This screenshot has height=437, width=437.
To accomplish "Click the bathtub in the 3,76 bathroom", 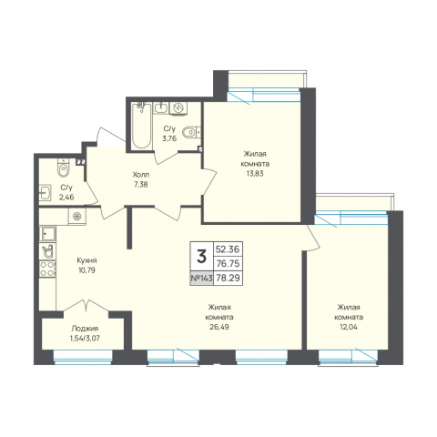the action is (x=142, y=126).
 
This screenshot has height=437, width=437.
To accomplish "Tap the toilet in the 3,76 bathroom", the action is (x=191, y=132).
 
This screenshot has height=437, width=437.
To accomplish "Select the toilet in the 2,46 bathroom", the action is (x=64, y=168).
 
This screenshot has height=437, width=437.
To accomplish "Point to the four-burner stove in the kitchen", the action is (x=47, y=269).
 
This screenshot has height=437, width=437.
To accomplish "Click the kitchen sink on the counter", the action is (x=47, y=234).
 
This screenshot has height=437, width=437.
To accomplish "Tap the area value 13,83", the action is (x=255, y=174).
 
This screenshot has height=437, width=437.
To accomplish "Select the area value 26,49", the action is (x=220, y=327).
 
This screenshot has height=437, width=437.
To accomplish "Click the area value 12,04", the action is (x=349, y=327).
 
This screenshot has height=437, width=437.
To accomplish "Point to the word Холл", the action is (x=141, y=175).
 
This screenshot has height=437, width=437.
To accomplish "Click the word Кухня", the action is (x=86, y=260).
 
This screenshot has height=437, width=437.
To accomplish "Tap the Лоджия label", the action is (x=85, y=329).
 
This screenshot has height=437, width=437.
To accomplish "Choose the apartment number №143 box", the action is (x=202, y=278).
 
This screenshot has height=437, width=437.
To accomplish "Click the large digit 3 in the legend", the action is (x=202, y=257).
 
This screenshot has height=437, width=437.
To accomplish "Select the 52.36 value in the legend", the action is (x=228, y=249).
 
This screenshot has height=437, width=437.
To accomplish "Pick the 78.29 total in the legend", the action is (x=228, y=278).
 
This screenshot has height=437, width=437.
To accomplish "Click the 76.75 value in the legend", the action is (x=228, y=264).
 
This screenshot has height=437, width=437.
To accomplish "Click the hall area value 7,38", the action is (x=141, y=184).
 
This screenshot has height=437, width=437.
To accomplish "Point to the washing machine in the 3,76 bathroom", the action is (x=178, y=108).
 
